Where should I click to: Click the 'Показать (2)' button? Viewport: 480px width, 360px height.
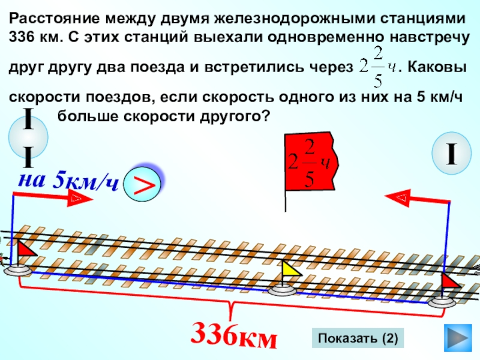coord(358,338)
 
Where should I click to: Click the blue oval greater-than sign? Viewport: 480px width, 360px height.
coord(143,185)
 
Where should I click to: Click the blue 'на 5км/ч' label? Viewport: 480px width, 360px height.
coord(67,181)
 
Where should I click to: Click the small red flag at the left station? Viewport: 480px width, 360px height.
coord(26,249)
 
